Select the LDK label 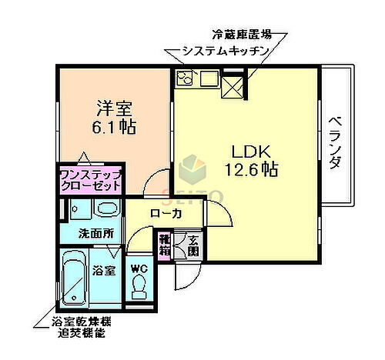tap(249, 149)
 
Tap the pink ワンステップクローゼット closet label tap(91, 179)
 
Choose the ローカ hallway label tap(166, 214)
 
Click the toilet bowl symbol tap(139, 288)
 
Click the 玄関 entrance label tap(192, 245)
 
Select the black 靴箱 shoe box tap(165, 244)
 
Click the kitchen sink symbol tap(208, 78)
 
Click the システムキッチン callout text tap(225, 51)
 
